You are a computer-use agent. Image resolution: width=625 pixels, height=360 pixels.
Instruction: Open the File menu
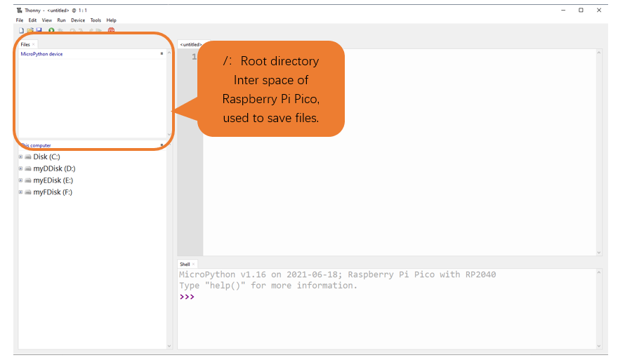20,20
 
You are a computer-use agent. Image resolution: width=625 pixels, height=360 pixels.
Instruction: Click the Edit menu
32,20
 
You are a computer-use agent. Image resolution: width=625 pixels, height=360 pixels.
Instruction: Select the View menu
47,20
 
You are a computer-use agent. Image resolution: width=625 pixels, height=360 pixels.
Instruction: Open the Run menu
61,20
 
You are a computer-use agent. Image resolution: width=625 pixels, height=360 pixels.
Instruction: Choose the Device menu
78,20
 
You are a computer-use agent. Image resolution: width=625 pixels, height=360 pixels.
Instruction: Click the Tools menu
96,20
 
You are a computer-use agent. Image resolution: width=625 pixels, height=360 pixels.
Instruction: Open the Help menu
111,20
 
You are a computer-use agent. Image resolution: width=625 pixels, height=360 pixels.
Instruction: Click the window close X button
599,11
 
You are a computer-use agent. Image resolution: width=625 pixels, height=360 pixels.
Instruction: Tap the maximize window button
581,11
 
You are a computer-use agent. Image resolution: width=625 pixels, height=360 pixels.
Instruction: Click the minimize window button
563,11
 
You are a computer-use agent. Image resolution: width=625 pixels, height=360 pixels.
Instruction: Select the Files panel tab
25,45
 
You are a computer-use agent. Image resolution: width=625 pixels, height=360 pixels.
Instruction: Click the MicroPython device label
41,54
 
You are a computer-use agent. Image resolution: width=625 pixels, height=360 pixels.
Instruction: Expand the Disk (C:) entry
21,157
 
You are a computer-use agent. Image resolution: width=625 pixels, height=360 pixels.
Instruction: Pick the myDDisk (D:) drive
54,168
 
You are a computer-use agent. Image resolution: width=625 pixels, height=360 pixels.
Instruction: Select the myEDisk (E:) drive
53,180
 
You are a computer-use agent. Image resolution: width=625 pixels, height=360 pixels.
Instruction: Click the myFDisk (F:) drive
53,192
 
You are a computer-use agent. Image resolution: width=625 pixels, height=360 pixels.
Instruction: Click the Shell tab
185,264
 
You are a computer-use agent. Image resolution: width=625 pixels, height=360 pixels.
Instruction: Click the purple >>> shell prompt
187,297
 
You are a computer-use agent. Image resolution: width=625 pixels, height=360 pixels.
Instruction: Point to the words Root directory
279,61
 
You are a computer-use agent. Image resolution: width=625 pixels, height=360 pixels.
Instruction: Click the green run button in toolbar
51,30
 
